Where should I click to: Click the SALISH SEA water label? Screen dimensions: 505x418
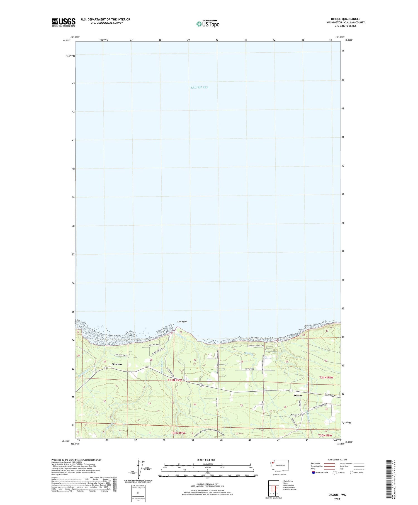point(199,87)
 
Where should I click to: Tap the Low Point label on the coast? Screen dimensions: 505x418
point(182,322)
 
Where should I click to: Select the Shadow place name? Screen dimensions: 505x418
point(117,364)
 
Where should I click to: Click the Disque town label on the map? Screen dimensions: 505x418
point(298,396)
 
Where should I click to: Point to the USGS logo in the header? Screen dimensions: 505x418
point(64,22)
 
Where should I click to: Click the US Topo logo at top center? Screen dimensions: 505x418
point(208,24)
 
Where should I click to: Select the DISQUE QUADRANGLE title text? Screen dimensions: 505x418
point(346,19)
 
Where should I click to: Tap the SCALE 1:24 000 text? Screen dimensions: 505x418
point(206,460)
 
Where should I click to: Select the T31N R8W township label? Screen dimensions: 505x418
point(326,377)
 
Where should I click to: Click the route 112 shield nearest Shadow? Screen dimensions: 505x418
point(106,368)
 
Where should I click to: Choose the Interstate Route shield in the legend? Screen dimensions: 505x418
point(313,473)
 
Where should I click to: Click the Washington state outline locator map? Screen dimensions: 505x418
point(279,465)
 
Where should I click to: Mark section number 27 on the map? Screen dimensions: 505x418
point(195,360)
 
